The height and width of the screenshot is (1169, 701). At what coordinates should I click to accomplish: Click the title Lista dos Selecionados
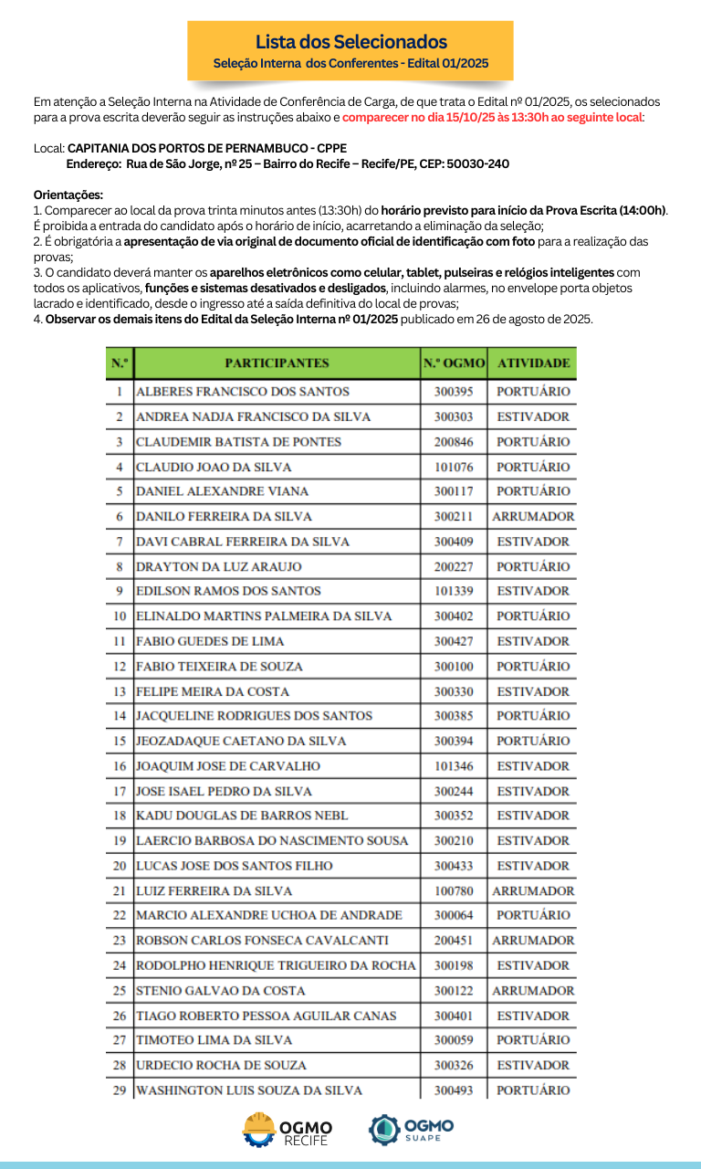pyautogui.click(x=350, y=42)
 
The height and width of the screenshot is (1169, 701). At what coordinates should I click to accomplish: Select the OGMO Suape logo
pyautogui.click(x=411, y=1129)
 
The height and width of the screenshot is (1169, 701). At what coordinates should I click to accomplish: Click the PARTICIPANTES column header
pyautogui.click(x=277, y=363)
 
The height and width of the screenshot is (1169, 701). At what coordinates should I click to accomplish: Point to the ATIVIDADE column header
pyautogui.click(x=533, y=363)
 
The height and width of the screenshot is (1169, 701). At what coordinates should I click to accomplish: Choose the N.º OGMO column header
pyautogui.click(x=454, y=363)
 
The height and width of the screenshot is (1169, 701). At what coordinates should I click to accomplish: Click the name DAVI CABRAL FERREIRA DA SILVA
pyautogui.click(x=242, y=542)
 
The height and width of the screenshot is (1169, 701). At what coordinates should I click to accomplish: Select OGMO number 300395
pyautogui.click(x=454, y=392)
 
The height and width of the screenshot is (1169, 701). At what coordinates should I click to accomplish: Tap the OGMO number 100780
pyautogui.click(x=454, y=890)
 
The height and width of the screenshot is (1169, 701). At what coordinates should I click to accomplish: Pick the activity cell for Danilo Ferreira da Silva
pyautogui.click(x=533, y=517)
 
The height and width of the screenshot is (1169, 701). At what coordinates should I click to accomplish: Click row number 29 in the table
pyautogui.click(x=120, y=1090)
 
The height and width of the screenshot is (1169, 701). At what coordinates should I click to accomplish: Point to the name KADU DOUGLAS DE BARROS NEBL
pyautogui.click(x=242, y=816)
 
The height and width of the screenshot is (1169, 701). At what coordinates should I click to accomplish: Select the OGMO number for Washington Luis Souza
pyautogui.click(x=454, y=1090)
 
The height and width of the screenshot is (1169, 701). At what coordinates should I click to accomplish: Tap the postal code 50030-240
pyautogui.click(x=478, y=163)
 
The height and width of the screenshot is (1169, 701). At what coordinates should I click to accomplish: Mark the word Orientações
pyautogui.click(x=68, y=195)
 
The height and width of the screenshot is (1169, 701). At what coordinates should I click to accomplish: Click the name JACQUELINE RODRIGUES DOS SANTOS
pyautogui.click(x=242, y=716)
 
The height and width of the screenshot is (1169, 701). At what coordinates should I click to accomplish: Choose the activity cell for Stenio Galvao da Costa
pyautogui.click(x=533, y=991)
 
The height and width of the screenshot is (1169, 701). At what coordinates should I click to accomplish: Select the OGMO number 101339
pyautogui.click(x=454, y=591)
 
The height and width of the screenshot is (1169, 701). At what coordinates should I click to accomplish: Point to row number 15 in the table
pyautogui.click(x=120, y=741)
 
